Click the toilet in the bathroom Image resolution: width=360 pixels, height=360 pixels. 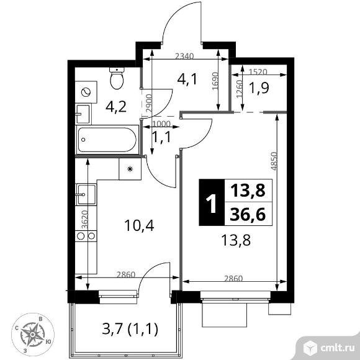[x=117, y=78]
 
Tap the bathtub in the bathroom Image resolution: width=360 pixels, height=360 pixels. [x=107, y=140]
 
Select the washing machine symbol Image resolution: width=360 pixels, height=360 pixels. [x=86, y=92]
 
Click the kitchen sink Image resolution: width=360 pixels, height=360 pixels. [x=86, y=194]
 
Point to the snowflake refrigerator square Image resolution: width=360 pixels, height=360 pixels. [x=130, y=169]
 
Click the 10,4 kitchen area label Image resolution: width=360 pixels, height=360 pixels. [x=139, y=225]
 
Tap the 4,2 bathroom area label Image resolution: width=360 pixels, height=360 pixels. [x=116, y=107]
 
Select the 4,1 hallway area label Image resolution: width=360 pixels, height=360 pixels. [x=187, y=79]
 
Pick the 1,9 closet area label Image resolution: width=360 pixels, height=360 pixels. [x=259, y=88]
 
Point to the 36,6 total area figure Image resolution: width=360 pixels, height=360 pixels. [x=248, y=215]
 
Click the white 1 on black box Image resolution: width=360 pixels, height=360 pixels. [x=212, y=202]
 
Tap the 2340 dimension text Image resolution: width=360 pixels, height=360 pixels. [x=184, y=56]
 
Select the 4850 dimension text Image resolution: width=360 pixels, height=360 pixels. [x=274, y=161]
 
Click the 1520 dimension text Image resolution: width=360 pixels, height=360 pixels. [x=258, y=72]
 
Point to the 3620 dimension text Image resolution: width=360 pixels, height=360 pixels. [x=85, y=220]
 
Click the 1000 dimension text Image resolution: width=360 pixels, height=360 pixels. [x=161, y=124]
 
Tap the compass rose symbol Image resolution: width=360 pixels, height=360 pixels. [x=33, y=335]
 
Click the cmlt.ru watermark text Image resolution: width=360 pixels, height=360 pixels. [x=338, y=348]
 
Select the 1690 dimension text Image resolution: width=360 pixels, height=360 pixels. [x=215, y=81]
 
